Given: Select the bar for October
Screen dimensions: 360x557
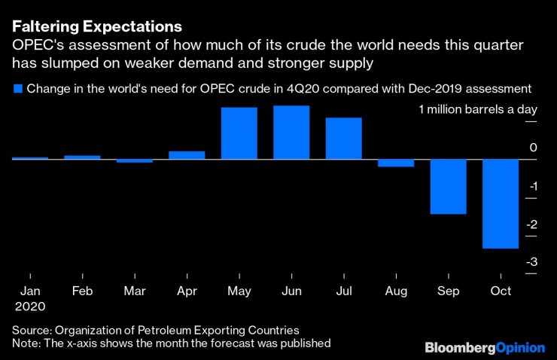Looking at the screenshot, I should tap(501, 203).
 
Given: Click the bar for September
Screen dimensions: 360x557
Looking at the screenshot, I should tap(448, 186).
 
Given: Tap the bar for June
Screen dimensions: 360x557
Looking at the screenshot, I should tap(291, 132).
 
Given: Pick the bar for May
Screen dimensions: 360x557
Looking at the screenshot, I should tap(239, 133).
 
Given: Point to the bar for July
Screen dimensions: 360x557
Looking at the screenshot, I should tap(343, 138).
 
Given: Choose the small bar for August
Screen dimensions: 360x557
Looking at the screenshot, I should tap(396, 163).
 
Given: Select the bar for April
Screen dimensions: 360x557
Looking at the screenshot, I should tap(187, 154).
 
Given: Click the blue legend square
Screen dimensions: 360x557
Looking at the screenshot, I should tap(17, 89).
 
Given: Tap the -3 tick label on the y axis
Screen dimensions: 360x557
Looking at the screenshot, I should tap(531, 262).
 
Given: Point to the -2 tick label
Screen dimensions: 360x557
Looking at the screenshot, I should tap(531, 224).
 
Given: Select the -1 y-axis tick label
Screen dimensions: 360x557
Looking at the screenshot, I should tap(531, 187).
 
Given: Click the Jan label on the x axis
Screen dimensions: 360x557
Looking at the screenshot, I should tap(29, 291).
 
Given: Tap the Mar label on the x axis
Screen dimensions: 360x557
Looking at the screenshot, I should tap(134, 291).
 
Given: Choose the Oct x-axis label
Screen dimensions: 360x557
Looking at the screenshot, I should tap(501, 291).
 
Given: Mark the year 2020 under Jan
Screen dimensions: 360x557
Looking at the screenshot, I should tap(29, 307).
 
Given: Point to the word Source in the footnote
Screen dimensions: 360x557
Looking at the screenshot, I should tap(31, 330).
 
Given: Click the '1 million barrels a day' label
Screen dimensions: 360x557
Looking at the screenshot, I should tap(477, 110).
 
